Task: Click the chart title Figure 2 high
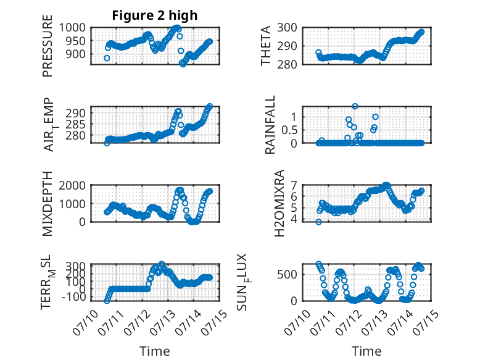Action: click(155, 15)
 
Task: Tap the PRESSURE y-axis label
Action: click(48, 46)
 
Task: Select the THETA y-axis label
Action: click(266, 46)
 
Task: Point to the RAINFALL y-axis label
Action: click(270, 125)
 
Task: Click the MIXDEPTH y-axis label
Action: click(48, 204)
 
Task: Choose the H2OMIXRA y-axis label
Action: click(279, 203)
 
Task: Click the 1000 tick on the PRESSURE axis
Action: click(72, 28)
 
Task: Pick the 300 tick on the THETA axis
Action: click(287, 28)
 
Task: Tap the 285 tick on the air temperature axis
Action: click(76, 124)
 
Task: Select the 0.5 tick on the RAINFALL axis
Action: click(289, 130)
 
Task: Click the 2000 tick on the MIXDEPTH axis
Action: click(72, 185)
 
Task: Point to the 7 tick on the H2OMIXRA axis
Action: click(294, 185)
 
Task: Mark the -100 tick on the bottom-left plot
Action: click(75, 296)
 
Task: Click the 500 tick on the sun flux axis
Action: click(287, 274)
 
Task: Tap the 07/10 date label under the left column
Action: click(85, 322)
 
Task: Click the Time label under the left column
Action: click(155, 351)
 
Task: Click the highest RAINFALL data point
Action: click(355, 106)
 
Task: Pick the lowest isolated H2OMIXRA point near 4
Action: click(319, 222)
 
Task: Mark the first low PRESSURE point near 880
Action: click(107, 58)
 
